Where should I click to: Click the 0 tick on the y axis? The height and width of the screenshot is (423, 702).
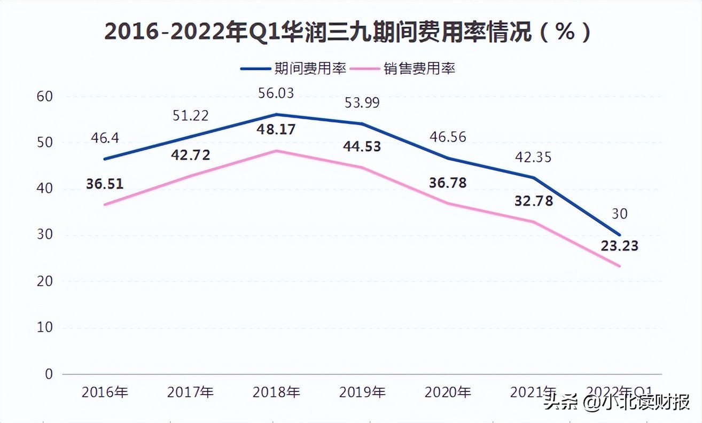[49, 373]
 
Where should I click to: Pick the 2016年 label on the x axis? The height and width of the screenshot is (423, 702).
[105, 393]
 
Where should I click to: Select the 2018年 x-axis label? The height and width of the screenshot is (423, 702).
[276, 393]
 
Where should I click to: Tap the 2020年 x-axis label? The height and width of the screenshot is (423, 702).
[448, 393]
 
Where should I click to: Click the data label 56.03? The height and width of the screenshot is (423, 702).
[276, 93]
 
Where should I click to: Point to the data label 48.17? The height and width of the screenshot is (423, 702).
[276, 130]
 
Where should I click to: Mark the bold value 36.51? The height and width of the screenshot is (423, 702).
[105, 184]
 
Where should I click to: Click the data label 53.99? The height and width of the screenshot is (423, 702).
[362, 103]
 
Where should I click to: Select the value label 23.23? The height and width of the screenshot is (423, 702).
[620, 247]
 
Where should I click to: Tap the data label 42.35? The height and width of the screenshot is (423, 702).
[533, 158]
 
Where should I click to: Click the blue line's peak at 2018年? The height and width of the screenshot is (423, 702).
[276, 114]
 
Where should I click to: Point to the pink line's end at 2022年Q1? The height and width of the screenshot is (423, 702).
[620, 266]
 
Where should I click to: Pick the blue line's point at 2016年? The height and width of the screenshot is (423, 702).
[105, 159]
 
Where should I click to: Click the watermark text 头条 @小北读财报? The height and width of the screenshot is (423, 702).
[617, 402]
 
